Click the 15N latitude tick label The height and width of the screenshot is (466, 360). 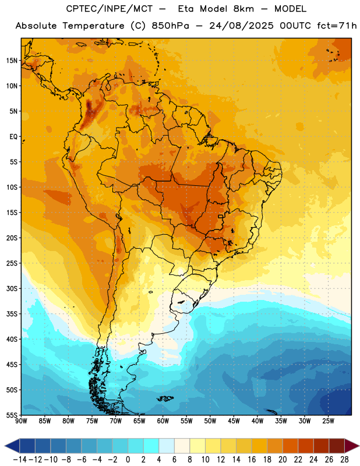pyautogui.click(x=12, y=61)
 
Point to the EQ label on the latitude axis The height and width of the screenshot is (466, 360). pyautogui.click(x=13, y=137)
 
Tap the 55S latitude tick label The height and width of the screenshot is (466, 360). pyautogui.click(x=12, y=415)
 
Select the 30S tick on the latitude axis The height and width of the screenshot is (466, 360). pyautogui.click(x=12, y=288)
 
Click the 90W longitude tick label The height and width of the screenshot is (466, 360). pyautogui.click(x=21, y=421)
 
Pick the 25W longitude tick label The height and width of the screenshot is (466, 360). pyautogui.click(x=328, y=421)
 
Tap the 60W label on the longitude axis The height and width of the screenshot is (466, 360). pyautogui.click(x=163, y=421)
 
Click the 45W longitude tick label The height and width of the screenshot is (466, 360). pyautogui.click(x=234, y=421)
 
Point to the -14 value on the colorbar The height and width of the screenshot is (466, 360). pyautogui.click(x=20, y=460)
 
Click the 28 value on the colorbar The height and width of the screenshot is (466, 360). pyautogui.click(x=344, y=460)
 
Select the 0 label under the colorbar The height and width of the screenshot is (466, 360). pyautogui.click(x=128, y=460)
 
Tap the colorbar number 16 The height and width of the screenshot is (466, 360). pyautogui.click(x=252, y=460)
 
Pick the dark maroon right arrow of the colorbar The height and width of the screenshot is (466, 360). pyautogui.click(x=351, y=446)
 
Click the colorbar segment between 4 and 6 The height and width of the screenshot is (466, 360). pyautogui.click(x=167, y=446)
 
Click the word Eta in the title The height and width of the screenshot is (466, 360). pyautogui.click(x=185, y=9)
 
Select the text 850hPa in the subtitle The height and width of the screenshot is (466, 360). pyautogui.click(x=170, y=26)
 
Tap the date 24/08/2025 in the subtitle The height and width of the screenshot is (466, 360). pyautogui.click(x=241, y=26)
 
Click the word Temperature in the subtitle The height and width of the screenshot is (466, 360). pyautogui.click(x=93, y=26)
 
